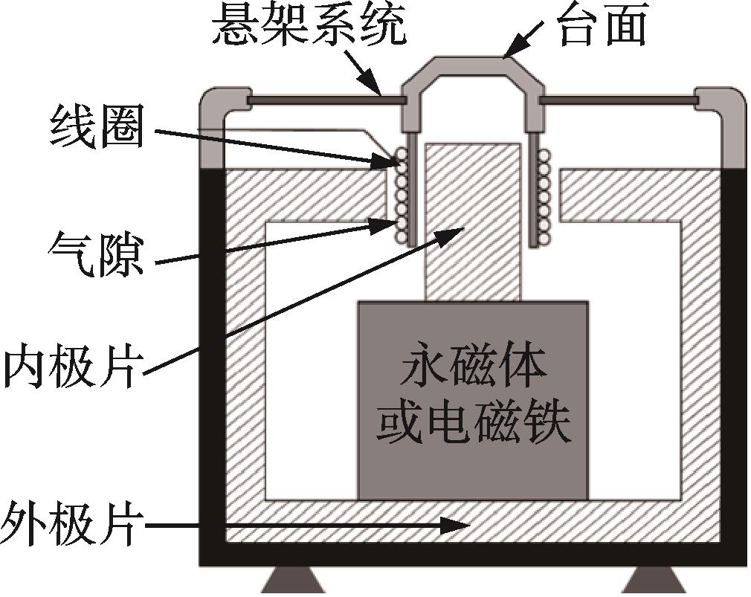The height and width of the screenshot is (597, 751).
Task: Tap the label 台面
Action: coord(605,24)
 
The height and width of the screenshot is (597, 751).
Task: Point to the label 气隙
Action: coord(96,254)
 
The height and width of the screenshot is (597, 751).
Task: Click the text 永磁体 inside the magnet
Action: coord(474,370)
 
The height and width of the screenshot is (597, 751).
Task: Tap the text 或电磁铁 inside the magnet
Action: coord(474,424)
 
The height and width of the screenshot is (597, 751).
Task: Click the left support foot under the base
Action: coord(286,580)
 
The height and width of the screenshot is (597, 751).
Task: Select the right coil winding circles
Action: coord(543,198)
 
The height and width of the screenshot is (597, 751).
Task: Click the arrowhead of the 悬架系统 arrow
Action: coord(373,86)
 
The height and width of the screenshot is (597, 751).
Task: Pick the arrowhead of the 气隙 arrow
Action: coord(386,225)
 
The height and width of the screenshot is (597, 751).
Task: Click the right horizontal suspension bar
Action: coord(619,101)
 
